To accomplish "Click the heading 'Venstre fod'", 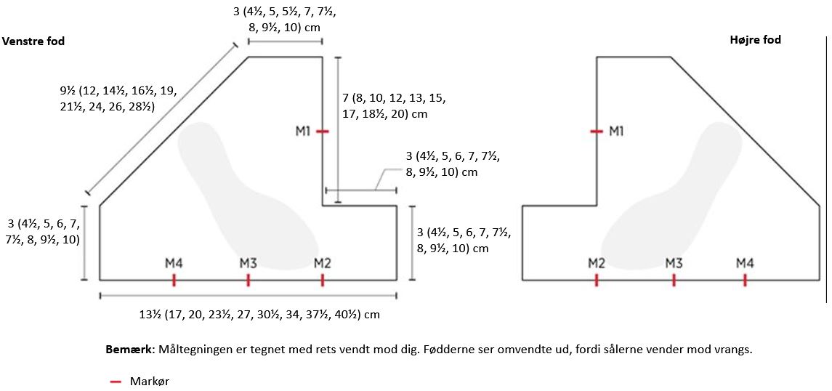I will tap(34, 41).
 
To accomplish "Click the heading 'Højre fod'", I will tap(755, 40).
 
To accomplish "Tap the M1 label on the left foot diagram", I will tap(303, 131).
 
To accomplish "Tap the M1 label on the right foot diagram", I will tap(616, 131).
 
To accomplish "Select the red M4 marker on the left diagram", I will tap(174, 280).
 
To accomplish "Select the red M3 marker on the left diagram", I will tap(248, 280).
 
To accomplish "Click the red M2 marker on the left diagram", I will tap(323, 280).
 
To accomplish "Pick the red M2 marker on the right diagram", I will tap(597, 280).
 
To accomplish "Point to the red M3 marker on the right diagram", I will tap(674, 280).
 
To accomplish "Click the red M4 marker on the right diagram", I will tap(745, 280).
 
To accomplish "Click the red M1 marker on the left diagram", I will tap(323, 132).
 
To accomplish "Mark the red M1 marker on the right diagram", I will tap(597, 132).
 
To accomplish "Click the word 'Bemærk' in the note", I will tap(129, 349).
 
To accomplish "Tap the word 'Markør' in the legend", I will tap(150, 381).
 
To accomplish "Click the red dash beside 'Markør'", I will tap(115, 381).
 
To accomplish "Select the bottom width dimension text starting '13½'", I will tap(259, 315).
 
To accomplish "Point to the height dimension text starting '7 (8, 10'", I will tap(394, 106).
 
